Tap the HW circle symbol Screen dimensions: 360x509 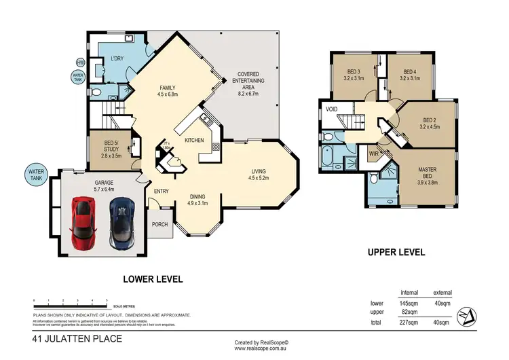(80, 63)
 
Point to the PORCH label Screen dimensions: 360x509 (159, 225)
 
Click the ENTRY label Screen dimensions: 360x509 (161, 192)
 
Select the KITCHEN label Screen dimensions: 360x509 (195, 141)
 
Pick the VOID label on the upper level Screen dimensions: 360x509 (332, 109)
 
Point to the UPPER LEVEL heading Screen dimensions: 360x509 (396, 252)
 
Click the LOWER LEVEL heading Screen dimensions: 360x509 (153, 278)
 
